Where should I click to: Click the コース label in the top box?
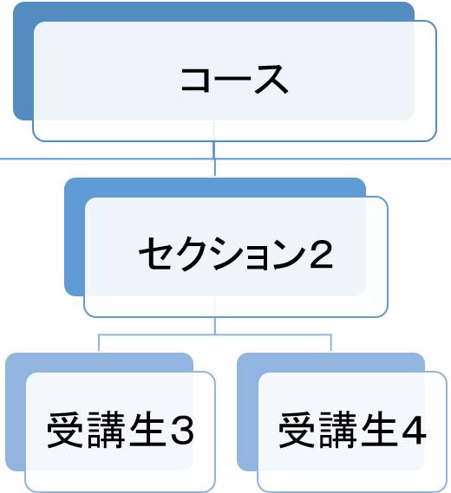(234, 79)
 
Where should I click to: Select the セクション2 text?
(236, 254)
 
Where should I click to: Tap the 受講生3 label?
(121, 430)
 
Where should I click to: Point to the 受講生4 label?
(352, 430)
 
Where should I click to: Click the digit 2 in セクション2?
(321, 255)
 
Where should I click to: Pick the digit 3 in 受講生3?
(182, 431)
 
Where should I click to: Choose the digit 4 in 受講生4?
(415, 431)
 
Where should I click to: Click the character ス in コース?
(271, 80)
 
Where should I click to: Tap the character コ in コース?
(195, 79)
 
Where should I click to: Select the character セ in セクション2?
(155, 254)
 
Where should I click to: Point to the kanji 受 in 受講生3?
(65, 430)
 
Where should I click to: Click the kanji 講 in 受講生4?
(338, 430)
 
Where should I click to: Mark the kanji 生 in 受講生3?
(147, 430)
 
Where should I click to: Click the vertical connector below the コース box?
(214, 159)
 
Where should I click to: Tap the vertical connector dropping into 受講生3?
(99, 342)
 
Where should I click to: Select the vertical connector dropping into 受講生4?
(330, 342)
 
